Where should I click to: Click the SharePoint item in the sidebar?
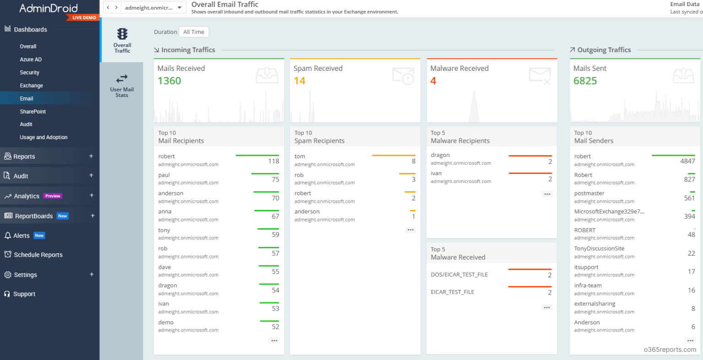(33, 112)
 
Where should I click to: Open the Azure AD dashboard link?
(31, 59)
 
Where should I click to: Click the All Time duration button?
(194, 32)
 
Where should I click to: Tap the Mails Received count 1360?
(169, 81)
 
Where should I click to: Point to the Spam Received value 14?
(300, 81)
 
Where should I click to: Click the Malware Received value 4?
(433, 81)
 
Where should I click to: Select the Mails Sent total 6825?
(585, 81)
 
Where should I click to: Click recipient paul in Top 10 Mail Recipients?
(164, 175)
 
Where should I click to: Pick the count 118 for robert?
(274, 161)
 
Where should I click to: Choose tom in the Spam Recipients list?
(300, 156)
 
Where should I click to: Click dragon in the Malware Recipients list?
(440, 155)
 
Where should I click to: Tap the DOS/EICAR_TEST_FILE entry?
(459, 275)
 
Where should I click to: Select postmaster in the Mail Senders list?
(589, 193)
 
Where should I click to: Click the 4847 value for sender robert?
(687, 161)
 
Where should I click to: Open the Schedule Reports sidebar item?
(38, 255)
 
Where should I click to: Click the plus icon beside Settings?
(92, 274)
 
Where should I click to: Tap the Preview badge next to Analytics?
(53, 196)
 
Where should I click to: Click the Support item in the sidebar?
(24, 294)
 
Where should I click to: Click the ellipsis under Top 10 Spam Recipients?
(411, 230)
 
